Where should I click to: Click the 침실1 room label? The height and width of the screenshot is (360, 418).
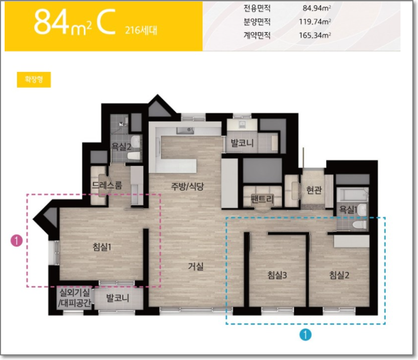[x=102, y=247]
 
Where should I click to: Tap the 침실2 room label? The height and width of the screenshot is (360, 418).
[x=339, y=275]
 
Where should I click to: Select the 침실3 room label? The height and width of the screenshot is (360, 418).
[x=277, y=275]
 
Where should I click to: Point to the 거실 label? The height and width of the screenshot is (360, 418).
[x=196, y=266]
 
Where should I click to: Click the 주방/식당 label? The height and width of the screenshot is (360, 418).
[x=188, y=186]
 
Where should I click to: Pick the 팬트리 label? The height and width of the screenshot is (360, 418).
[x=262, y=199]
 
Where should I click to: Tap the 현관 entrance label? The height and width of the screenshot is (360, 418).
[x=314, y=190]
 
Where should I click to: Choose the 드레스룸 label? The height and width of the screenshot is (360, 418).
[x=107, y=185]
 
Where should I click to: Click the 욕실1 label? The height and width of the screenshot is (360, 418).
[x=348, y=210]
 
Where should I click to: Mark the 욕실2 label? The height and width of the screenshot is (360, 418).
[x=121, y=146]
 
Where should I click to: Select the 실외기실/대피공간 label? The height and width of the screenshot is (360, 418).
[x=75, y=298]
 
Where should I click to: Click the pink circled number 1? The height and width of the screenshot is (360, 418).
[x=16, y=241]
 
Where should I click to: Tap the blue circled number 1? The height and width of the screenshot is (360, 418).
[x=305, y=335]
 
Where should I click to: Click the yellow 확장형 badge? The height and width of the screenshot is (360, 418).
[x=34, y=80]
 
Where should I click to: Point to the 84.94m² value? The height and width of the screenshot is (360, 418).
[x=317, y=8]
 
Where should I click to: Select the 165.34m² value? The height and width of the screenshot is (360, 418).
[x=315, y=35]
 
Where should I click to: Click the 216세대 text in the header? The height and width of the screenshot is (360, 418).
[x=141, y=30]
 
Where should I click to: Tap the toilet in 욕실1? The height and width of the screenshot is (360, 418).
[x=359, y=224]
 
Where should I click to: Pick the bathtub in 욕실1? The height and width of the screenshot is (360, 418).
[x=352, y=195]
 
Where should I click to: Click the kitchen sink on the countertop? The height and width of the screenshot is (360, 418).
[x=185, y=130]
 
